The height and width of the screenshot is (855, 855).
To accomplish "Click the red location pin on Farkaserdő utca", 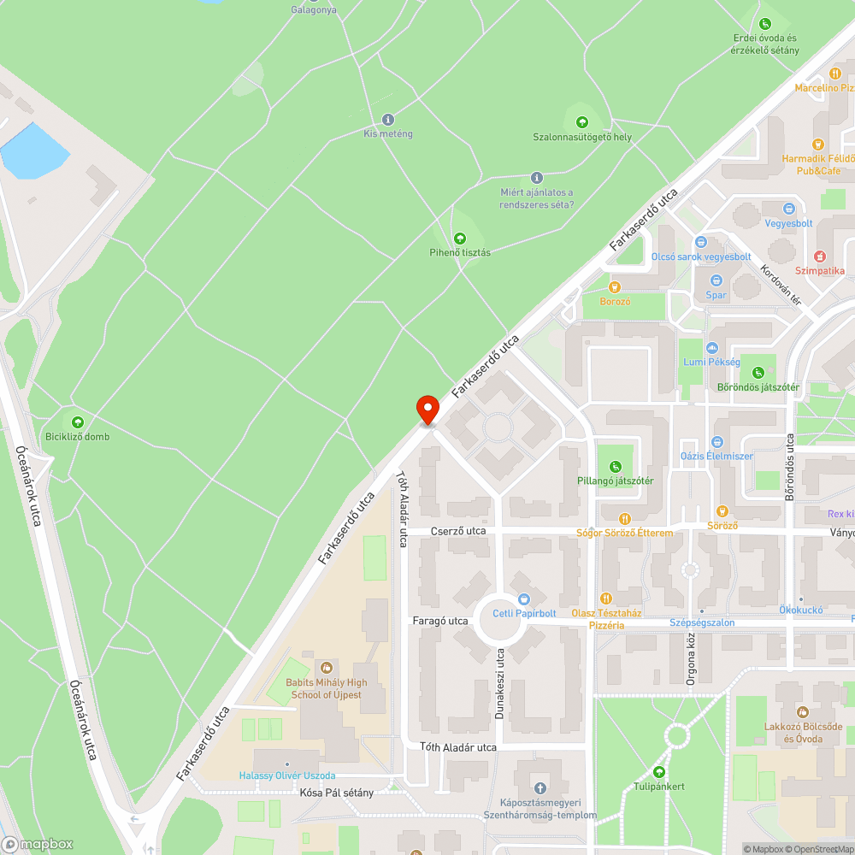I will [x=427, y=410].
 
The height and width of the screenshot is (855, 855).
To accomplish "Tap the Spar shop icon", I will [x=716, y=280].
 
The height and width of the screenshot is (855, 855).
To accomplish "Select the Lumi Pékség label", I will [x=711, y=363].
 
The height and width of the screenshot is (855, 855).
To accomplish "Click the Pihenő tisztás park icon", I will [x=460, y=238].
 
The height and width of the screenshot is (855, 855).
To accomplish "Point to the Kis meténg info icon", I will [x=388, y=120].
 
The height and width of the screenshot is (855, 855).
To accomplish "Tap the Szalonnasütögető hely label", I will [x=582, y=137].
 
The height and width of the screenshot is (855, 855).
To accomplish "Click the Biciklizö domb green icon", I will [x=78, y=422].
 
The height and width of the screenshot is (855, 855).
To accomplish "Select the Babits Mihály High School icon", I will [x=326, y=667].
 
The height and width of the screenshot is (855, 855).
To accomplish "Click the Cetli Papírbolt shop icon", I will [x=524, y=598].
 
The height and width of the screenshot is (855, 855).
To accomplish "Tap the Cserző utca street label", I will [x=458, y=531].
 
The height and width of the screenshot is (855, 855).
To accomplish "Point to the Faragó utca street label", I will [x=439, y=621].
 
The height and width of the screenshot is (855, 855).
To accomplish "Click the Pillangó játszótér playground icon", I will [x=615, y=466].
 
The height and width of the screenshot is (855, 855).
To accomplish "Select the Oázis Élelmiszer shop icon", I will [x=716, y=442].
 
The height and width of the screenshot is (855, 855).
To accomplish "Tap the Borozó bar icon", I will [x=614, y=287].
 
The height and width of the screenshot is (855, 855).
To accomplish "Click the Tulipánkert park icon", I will [x=658, y=772].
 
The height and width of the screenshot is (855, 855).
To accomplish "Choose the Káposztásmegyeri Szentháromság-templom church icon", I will [x=539, y=787].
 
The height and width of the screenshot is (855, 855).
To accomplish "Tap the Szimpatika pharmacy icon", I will [x=819, y=256].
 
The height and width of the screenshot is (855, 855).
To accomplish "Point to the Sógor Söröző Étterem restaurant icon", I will [x=625, y=518].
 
